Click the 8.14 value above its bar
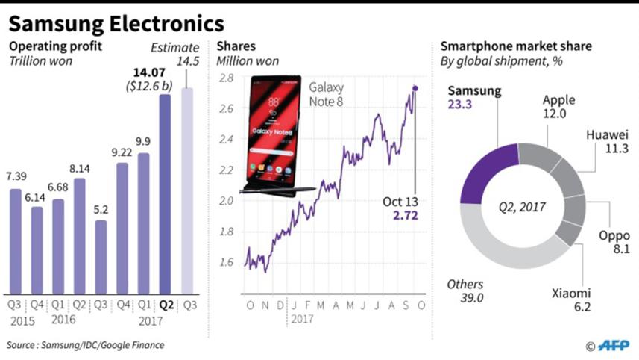click(x=79, y=169)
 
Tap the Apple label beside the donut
click(x=559, y=99)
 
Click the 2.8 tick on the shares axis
click(x=226, y=78)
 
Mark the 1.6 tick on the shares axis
click(x=226, y=262)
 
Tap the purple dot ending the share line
click(x=415, y=88)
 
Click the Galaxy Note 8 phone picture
click(x=274, y=134)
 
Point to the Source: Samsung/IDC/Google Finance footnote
click(x=86, y=345)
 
